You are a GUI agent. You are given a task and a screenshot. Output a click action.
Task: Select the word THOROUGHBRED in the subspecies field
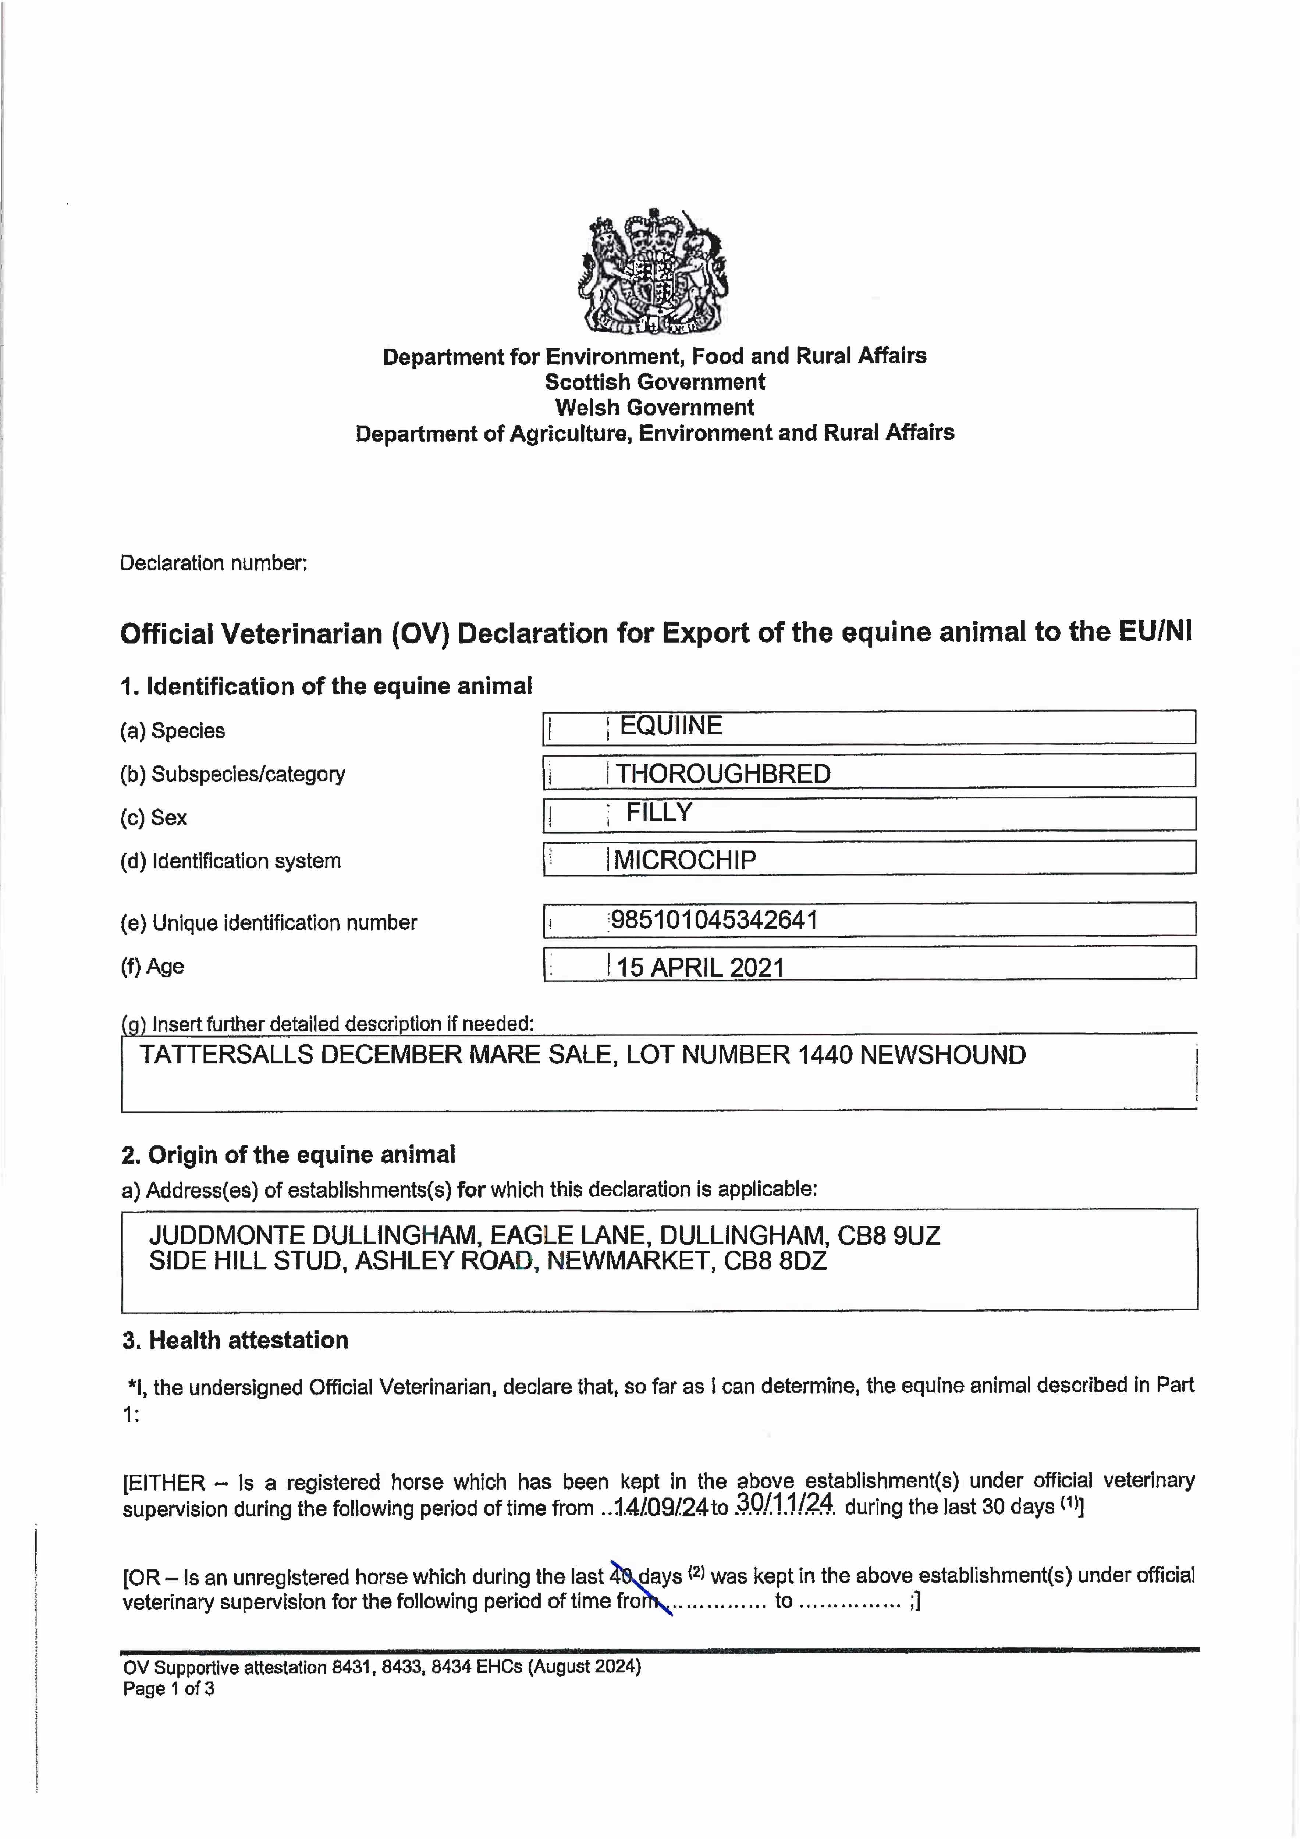point(722,774)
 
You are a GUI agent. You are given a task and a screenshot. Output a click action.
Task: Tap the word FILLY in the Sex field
point(658,812)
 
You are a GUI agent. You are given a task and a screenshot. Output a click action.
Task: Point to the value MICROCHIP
point(685,860)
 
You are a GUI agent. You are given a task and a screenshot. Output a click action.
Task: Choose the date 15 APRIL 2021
point(700,968)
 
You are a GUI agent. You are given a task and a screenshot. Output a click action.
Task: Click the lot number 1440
point(824,1055)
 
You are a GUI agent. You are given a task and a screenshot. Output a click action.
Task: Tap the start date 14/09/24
point(661,1508)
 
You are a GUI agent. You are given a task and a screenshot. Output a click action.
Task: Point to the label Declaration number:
point(213,563)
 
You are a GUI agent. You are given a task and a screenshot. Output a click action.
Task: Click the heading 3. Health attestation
point(235,1340)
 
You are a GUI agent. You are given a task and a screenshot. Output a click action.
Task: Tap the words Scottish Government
point(654,382)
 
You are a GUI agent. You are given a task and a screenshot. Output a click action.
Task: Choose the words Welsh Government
point(654,408)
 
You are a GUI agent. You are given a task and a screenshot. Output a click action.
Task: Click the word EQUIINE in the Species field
point(671,726)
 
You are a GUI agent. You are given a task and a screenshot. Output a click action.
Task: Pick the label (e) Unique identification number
point(268,923)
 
